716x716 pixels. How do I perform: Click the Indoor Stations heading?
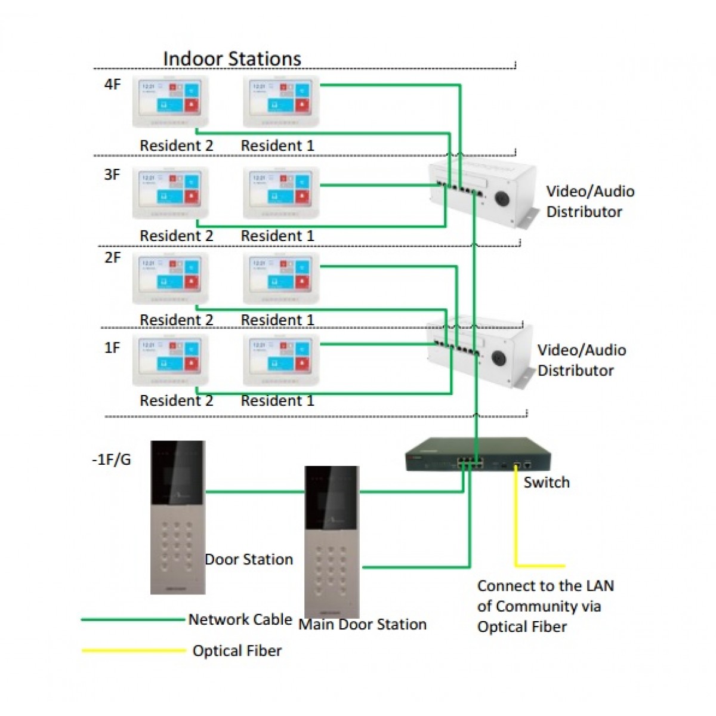(x=232, y=58)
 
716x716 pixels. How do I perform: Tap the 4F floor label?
(x=112, y=84)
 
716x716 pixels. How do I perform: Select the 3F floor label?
(x=112, y=175)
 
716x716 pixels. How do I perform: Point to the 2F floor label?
(x=112, y=258)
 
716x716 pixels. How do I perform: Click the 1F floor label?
(x=112, y=347)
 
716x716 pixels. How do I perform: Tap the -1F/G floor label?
(x=111, y=459)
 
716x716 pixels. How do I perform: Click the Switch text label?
(x=547, y=482)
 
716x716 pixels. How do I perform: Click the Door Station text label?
(x=249, y=559)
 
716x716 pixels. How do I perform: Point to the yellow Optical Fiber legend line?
(x=134, y=650)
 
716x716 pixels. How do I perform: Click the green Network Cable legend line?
(x=132, y=620)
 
